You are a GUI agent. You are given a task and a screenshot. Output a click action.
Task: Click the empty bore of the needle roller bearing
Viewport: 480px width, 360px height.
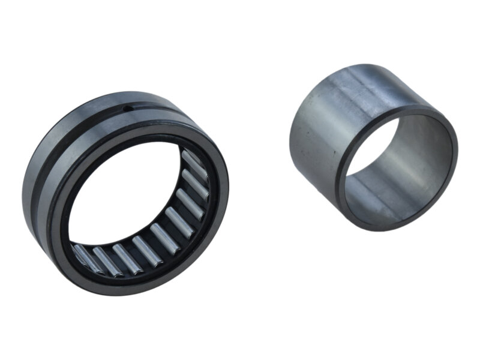(126, 198)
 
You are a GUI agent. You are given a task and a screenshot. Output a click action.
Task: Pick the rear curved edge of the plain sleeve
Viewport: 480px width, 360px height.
(342, 68)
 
